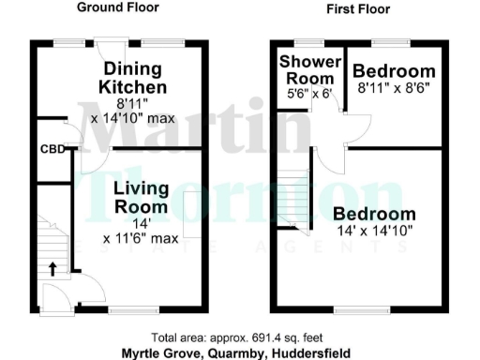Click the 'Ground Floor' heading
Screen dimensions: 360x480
click(x=117, y=7)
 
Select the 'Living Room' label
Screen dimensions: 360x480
click(x=142, y=197)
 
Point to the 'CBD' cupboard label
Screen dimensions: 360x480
click(x=52, y=149)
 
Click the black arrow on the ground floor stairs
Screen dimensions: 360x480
click(x=52, y=269)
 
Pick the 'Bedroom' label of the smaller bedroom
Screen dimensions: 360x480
click(x=395, y=72)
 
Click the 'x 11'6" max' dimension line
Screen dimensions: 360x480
click(x=142, y=238)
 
